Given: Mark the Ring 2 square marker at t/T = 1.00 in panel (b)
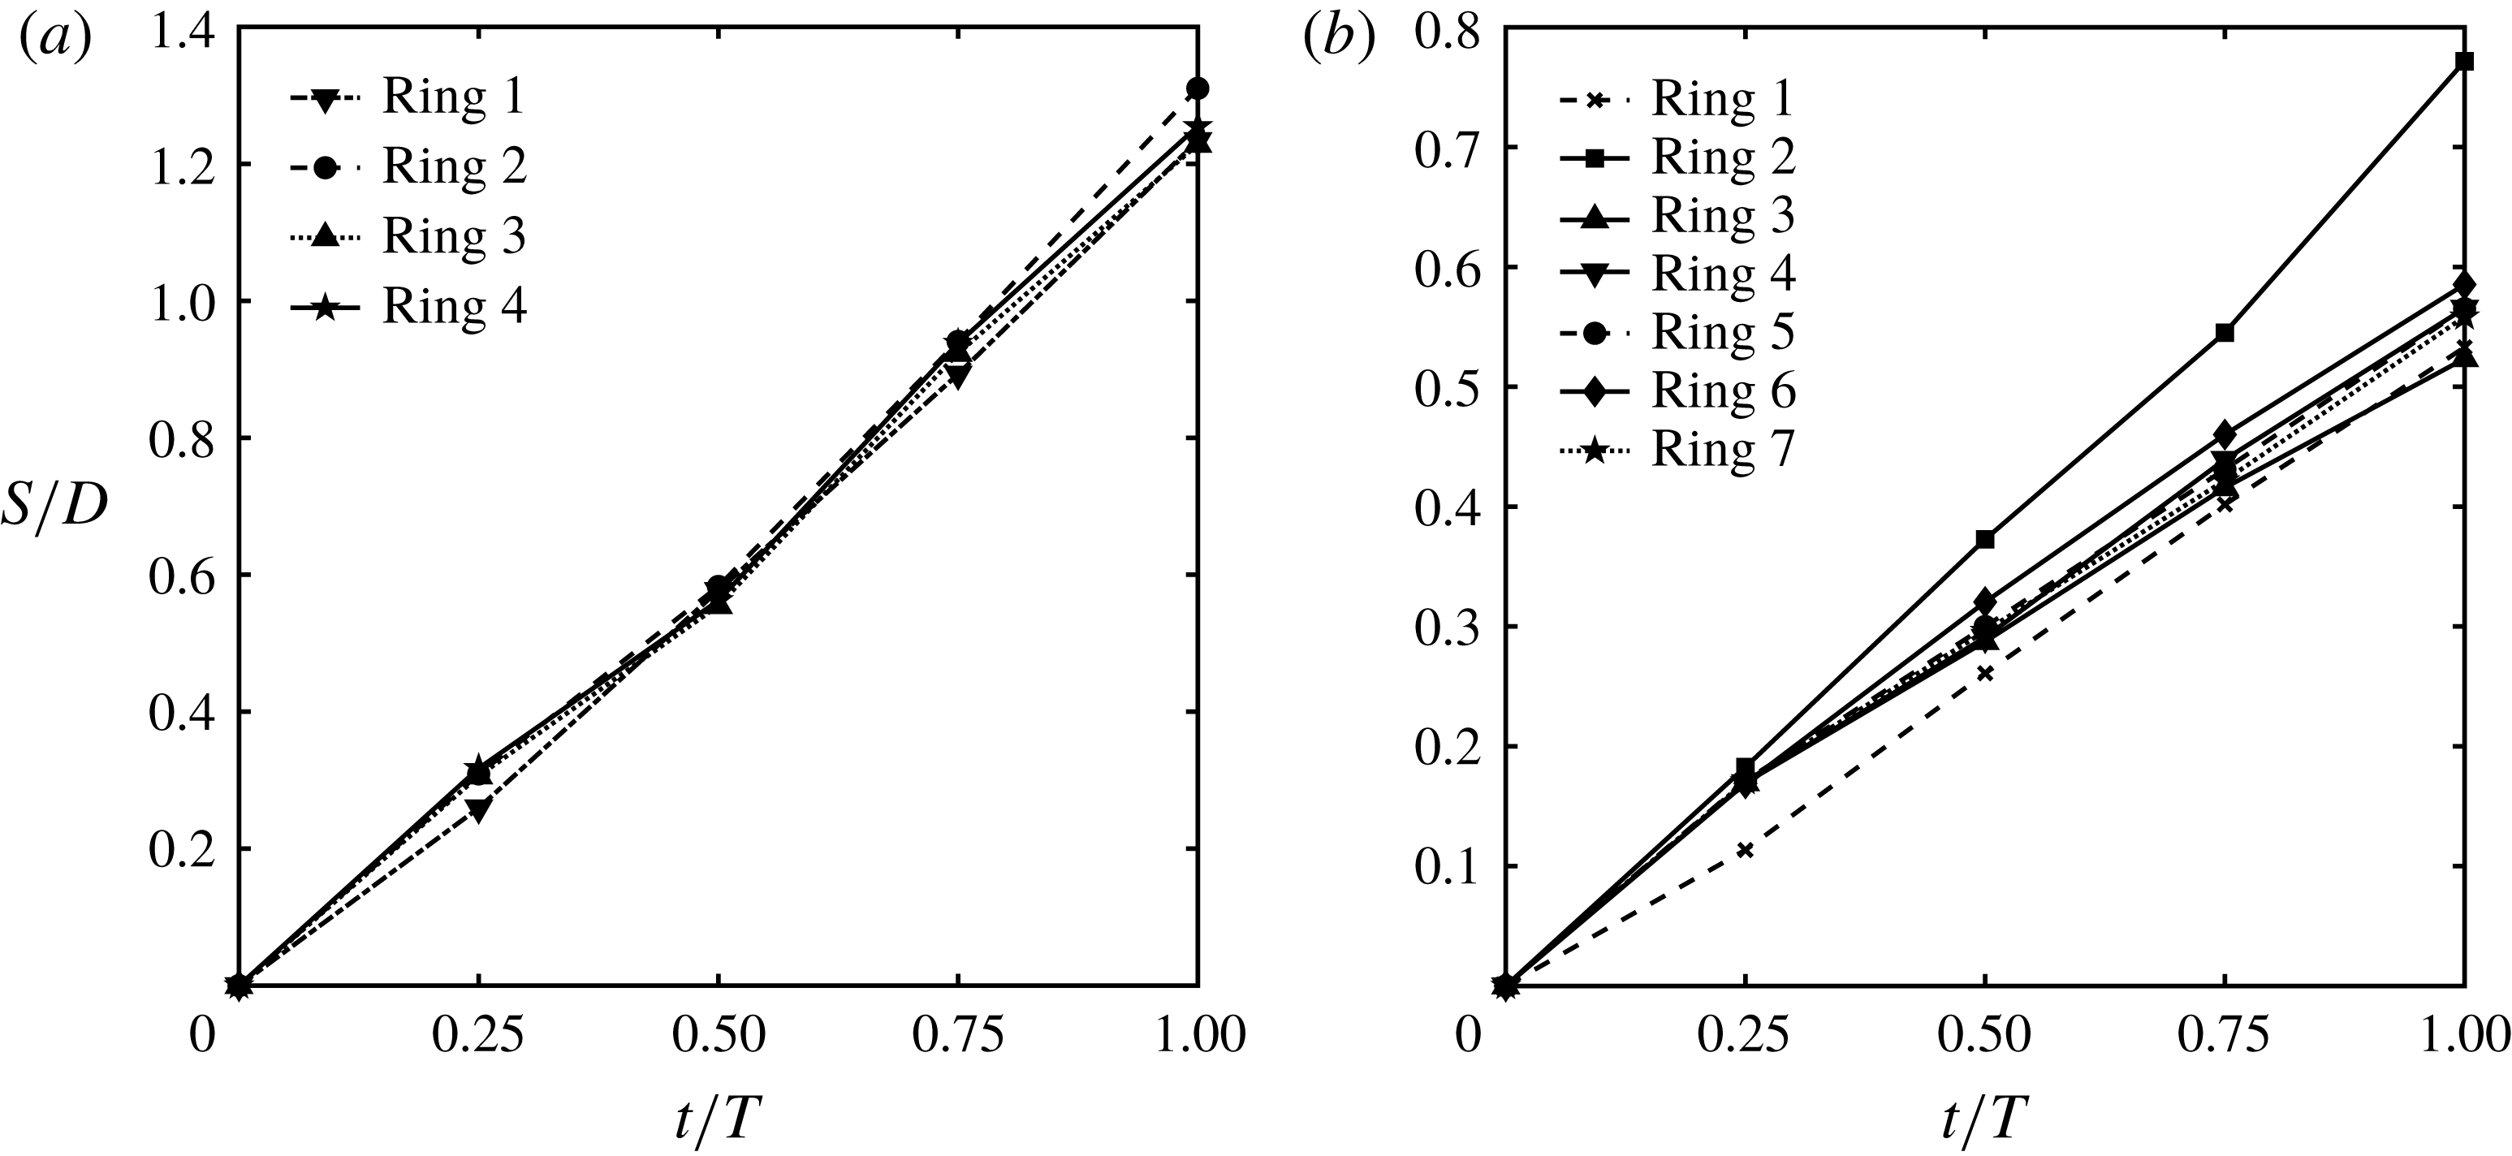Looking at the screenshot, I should tap(2464, 62).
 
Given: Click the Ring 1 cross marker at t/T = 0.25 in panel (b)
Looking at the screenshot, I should tap(1745, 850).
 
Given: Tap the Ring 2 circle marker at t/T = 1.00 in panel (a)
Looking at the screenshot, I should tap(1198, 88).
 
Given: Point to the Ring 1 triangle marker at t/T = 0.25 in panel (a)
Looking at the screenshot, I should tap(478, 809).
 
